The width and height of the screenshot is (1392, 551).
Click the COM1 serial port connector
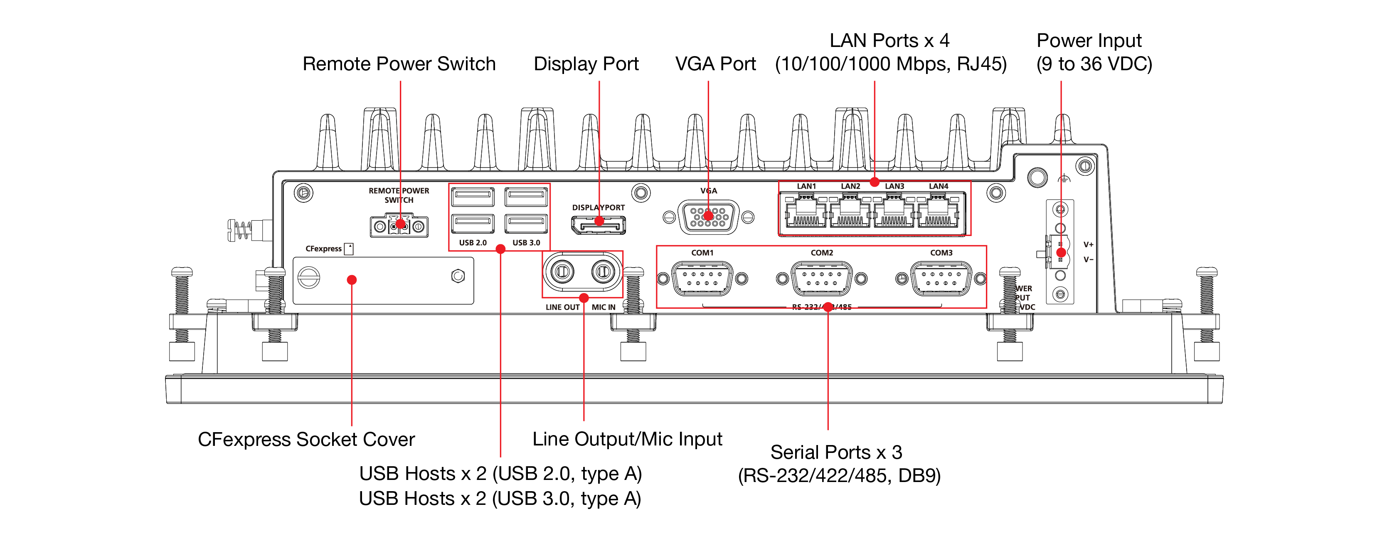click(702, 278)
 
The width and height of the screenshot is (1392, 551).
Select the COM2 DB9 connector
click(821, 278)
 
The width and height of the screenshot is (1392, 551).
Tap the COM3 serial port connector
click(941, 278)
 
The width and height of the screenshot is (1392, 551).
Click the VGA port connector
click(708, 217)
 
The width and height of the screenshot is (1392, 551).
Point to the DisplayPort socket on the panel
click(599, 224)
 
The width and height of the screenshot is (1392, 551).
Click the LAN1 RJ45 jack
click(806, 212)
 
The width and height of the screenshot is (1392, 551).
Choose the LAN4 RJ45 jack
click(938, 212)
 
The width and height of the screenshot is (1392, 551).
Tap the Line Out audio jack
click(562, 271)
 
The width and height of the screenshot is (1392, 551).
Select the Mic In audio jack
click(603, 271)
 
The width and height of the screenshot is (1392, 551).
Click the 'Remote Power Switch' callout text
click(399, 64)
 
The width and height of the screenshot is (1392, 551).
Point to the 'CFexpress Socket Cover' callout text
click(306, 439)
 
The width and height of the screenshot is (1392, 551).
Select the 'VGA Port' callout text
click(715, 64)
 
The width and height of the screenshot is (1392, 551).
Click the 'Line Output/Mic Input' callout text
click(627, 439)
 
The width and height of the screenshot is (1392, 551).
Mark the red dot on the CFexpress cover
click(352, 280)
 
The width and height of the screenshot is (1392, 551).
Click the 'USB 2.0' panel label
click(473, 243)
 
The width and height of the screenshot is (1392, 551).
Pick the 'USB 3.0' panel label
click(526, 243)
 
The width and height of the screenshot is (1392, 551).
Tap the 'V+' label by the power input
click(1088, 245)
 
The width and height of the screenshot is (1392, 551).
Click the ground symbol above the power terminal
click(1064, 178)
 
